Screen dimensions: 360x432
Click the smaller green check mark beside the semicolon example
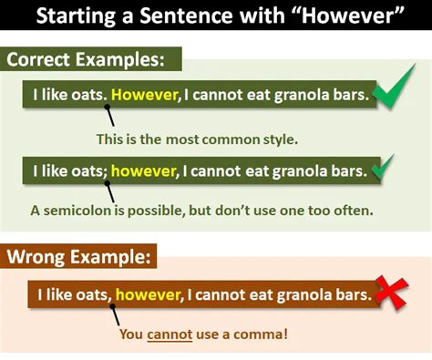(x=384, y=168)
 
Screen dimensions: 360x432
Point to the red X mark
(x=393, y=293)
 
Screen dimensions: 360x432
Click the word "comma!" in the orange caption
(x=266, y=334)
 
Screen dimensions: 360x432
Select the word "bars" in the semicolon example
(x=346, y=170)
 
